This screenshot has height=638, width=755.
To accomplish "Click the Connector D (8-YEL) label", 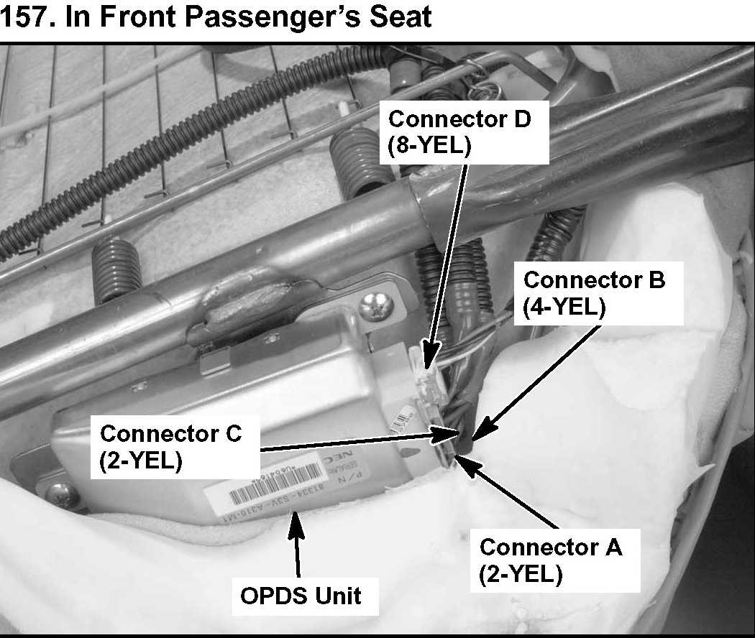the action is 459,131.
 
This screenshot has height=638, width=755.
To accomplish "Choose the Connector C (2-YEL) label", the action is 170,447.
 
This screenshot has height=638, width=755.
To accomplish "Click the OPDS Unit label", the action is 301,595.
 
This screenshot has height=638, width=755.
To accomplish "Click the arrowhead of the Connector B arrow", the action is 475,434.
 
